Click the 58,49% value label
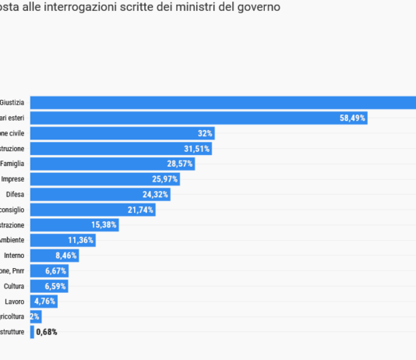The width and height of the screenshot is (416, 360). click(352, 118)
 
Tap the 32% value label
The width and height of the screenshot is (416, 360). click(205, 133)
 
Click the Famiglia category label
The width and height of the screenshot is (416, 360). click(12, 164)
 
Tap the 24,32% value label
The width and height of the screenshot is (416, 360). click(156, 194)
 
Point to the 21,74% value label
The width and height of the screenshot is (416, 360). click(141, 210)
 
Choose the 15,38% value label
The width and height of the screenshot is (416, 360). click(104, 224)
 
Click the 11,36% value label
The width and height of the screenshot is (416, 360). click(81, 240)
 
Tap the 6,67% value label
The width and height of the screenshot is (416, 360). click(56, 270)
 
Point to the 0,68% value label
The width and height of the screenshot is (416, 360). click(47, 332)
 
